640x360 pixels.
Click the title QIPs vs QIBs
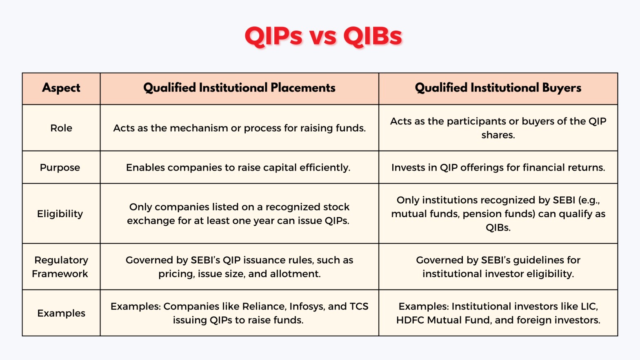pyautogui.click(x=323, y=36)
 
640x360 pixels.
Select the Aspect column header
pyautogui.click(x=61, y=88)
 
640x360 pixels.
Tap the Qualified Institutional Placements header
pyautogui.click(x=239, y=88)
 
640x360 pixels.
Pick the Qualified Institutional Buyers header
pyautogui.click(x=498, y=88)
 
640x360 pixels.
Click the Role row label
pyautogui.click(x=61, y=128)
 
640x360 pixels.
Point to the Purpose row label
pyautogui.click(x=60, y=168)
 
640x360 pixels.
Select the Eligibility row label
pyautogui.click(x=60, y=214)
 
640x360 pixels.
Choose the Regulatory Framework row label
pyautogui.click(x=60, y=267)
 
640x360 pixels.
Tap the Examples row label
pyautogui.click(x=61, y=313)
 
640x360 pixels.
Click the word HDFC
pyautogui.click(x=410, y=320)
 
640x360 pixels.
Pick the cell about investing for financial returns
pyautogui.click(x=498, y=168)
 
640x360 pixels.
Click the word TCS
pyautogui.click(x=359, y=307)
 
